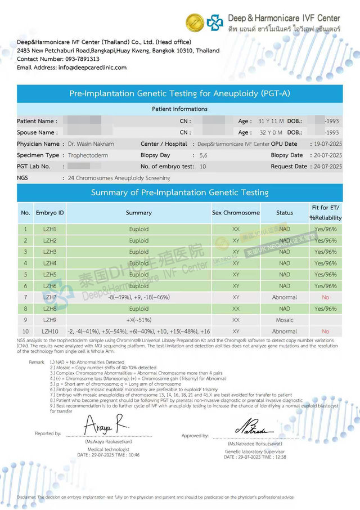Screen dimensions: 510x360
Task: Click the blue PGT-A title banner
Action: [179, 93]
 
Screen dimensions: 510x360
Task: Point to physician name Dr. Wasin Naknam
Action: [92, 144]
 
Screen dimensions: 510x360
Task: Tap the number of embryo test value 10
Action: [202, 167]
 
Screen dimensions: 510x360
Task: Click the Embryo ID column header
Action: [50, 213]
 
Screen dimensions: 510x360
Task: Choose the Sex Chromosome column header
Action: [236, 213]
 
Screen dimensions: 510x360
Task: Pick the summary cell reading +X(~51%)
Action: [138, 320]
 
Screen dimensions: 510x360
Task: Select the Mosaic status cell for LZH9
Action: [285, 320]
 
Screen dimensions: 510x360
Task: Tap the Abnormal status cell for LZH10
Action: [285, 332]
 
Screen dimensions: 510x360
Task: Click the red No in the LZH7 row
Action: [325, 297]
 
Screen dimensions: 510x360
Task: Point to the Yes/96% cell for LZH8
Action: [325, 308]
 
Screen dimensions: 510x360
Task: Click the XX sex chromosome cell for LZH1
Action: [236, 229]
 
